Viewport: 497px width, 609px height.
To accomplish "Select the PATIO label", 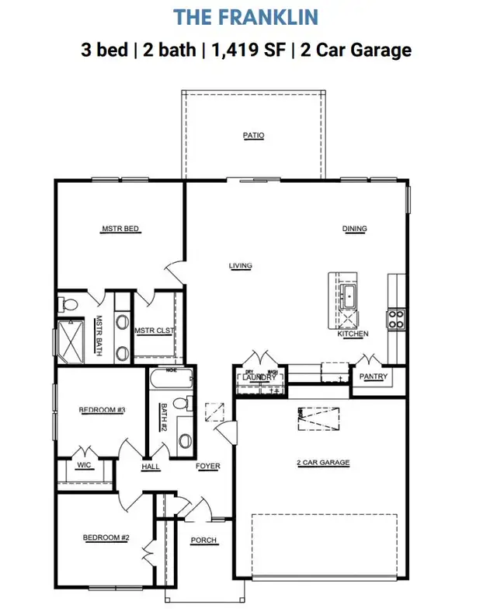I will [x=253, y=135].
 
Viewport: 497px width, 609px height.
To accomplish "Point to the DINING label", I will [x=355, y=229].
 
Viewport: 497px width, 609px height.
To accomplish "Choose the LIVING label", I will [x=240, y=266].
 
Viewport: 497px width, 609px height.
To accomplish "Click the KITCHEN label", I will [x=353, y=334].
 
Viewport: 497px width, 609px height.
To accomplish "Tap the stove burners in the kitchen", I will [x=395, y=318].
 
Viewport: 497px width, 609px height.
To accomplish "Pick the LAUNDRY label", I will [x=257, y=378].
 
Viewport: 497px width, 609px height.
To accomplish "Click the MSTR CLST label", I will [x=155, y=330].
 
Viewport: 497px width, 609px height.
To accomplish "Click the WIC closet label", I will [x=85, y=467].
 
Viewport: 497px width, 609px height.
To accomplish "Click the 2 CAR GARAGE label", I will [x=323, y=463].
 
